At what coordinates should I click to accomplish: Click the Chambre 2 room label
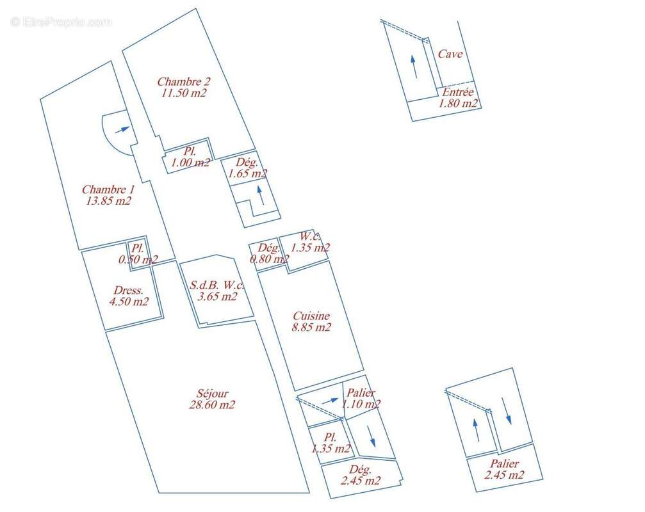click(x=183, y=81)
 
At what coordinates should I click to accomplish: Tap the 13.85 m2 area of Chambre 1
click(x=109, y=200)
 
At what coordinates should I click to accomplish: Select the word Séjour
click(x=212, y=393)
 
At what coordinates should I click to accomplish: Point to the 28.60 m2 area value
click(x=212, y=404)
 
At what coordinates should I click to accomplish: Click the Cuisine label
click(x=311, y=316)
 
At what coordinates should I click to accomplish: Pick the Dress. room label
click(x=129, y=290)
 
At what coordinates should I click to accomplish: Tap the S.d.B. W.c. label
click(x=216, y=285)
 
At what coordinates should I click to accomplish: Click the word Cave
click(x=450, y=54)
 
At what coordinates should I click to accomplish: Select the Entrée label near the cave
click(x=458, y=92)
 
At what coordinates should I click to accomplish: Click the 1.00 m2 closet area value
click(x=190, y=163)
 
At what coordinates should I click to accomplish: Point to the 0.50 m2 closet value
click(x=138, y=259)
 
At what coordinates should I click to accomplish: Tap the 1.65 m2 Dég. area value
click(x=247, y=173)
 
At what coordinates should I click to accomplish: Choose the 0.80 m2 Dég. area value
click(x=270, y=259)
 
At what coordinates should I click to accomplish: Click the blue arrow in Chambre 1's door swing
click(x=122, y=130)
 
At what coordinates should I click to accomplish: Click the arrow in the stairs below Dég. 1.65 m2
click(x=261, y=196)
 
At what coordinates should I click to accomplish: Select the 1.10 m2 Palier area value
click(x=361, y=404)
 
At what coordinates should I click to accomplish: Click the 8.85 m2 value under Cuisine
click(x=311, y=327)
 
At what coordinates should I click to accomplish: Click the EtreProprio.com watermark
click(x=61, y=22)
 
